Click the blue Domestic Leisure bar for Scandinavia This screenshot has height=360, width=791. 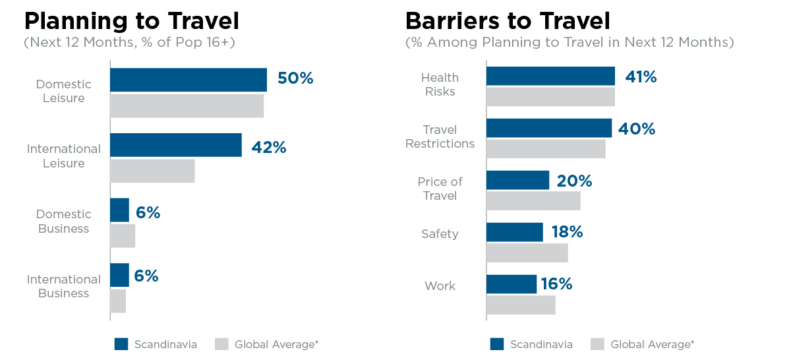pyautogui.click(x=189, y=80)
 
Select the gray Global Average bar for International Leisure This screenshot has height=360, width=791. pyautogui.click(x=152, y=171)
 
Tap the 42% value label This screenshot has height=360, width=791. pyautogui.click(x=269, y=147)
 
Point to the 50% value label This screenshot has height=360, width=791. pyautogui.click(x=295, y=78)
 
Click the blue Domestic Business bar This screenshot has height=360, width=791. pyautogui.click(x=120, y=210)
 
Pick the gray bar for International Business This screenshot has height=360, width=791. pyautogui.click(x=118, y=301)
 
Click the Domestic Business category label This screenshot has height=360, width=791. pyautogui.click(x=63, y=221)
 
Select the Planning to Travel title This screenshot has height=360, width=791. pyautogui.click(x=132, y=21)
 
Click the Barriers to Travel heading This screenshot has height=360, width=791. pyautogui.click(x=508, y=21)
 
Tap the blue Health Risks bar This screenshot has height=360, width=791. pyautogui.click(x=550, y=76)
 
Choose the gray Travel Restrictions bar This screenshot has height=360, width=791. pyautogui.click(x=546, y=149)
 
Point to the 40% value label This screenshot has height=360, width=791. pyautogui.click(x=637, y=129)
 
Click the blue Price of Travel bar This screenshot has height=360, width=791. pyautogui.click(x=517, y=180)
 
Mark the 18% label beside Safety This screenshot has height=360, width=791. pyautogui.click(x=567, y=231)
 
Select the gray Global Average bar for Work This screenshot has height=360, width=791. pyautogui.click(x=521, y=305)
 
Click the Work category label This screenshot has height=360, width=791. pyautogui.click(x=440, y=285)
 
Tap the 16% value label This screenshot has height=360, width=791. pyautogui.click(x=557, y=284)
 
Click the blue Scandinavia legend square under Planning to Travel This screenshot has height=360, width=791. pyautogui.click(x=121, y=344)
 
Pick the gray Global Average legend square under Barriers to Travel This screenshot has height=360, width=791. pyautogui.click(x=597, y=344)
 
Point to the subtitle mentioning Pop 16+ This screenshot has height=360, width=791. pyautogui.click(x=130, y=42)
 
